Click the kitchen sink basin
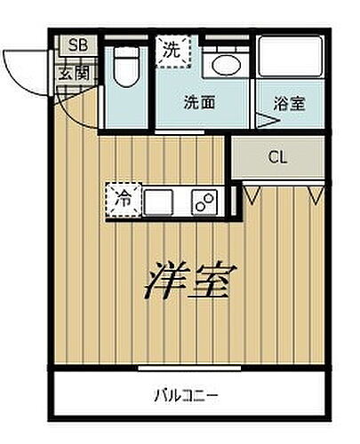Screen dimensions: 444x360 click(x=159, y=202)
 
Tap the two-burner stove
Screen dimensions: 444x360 click(x=205, y=202)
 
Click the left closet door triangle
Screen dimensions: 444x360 click(x=252, y=192)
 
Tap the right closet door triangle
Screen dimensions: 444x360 click(x=313, y=192)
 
